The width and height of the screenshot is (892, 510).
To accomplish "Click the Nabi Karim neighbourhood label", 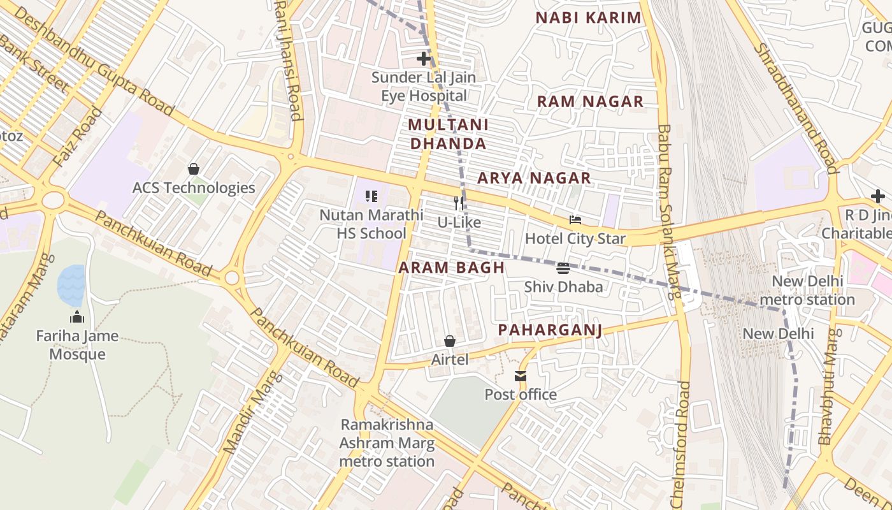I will (588, 18).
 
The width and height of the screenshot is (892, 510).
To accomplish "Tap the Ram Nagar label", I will (590, 101).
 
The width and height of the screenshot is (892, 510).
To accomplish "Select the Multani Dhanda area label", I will (449, 134).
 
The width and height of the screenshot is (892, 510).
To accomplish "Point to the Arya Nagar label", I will (534, 178).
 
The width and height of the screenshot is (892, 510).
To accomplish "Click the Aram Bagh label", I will (452, 268).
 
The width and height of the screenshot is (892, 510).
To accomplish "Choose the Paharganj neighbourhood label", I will (550, 330).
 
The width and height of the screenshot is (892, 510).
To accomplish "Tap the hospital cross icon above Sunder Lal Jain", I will (424, 59).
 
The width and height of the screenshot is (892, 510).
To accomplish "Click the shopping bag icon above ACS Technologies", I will (194, 169).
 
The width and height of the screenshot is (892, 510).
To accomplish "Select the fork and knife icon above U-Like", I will (459, 203).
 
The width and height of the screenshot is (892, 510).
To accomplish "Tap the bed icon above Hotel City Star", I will (575, 220).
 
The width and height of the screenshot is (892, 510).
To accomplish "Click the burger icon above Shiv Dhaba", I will (563, 268).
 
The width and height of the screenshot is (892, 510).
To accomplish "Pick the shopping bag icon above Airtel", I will (450, 341).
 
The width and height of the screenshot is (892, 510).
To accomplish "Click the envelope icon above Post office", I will (521, 376).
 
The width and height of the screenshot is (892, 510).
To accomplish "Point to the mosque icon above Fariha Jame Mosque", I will (77, 317).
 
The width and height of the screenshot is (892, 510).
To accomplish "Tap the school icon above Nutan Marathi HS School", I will (371, 196).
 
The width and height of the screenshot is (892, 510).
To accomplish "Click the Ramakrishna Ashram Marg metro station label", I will (387, 442).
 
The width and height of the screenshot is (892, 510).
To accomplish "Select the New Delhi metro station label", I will (807, 290).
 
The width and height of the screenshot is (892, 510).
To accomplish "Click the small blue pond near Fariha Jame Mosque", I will (71, 285).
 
